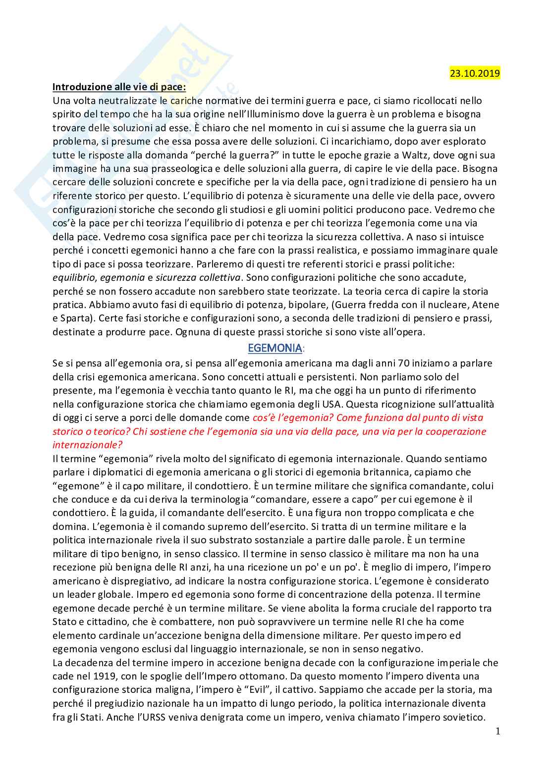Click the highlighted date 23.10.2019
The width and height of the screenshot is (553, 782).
coord(475,73)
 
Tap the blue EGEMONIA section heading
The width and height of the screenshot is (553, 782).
coord(275,348)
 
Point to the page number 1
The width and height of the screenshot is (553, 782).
coord(498,731)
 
